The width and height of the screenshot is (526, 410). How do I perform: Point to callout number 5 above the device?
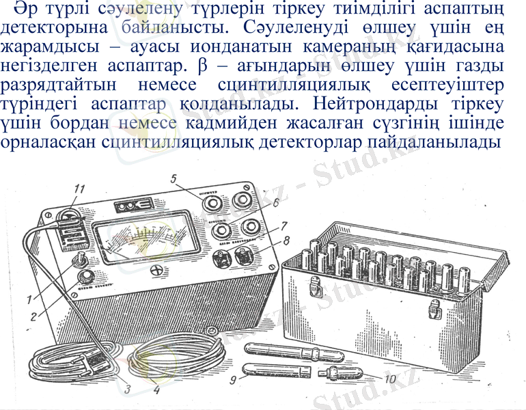coord(174,179)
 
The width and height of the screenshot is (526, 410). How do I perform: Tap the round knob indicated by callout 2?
coord(87,277)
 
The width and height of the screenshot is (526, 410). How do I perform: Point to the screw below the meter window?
coord(158,270)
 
